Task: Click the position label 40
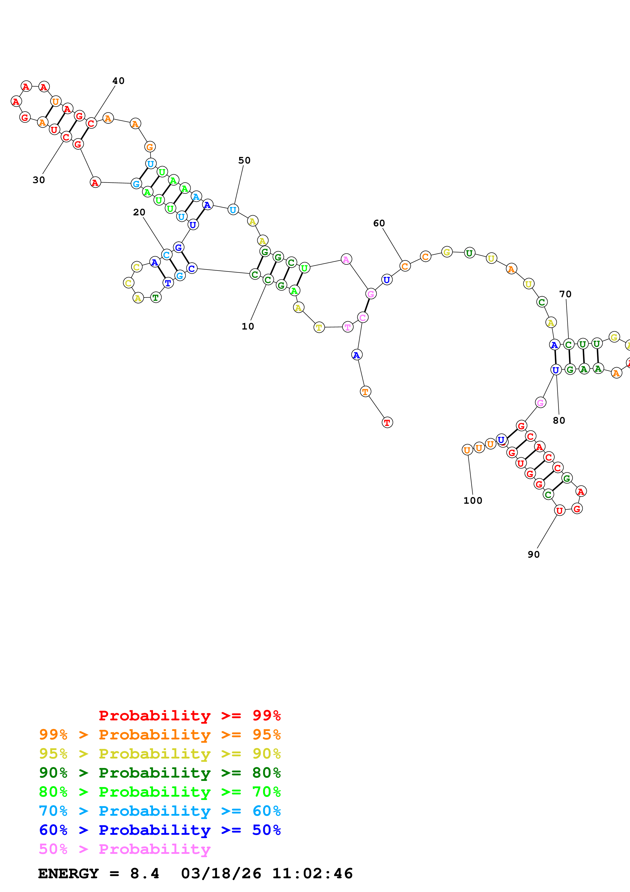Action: pos(118,81)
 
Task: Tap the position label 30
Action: pos(39,180)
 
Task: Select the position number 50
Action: pos(244,160)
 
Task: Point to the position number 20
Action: pos(139,212)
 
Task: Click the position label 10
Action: pos(248,326)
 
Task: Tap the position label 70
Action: pos(565,294)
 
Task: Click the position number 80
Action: pos(559,420)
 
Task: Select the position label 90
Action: pos(533,554)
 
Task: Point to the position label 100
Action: pos(472,500)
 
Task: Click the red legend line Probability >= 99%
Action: pos(189,715)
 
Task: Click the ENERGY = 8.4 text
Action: pos(99,873)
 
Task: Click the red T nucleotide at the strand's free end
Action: pos(387,422)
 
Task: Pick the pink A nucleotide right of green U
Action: pos(346,259)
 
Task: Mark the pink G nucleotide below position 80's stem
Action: pos(540,403)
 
